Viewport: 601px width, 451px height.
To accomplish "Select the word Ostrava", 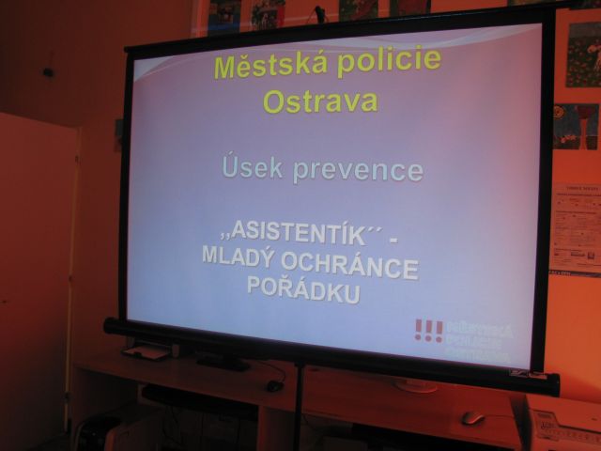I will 320,101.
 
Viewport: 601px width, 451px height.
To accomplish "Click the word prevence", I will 357,170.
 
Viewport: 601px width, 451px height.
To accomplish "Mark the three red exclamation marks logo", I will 428,331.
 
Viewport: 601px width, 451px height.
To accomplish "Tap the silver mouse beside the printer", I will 472,417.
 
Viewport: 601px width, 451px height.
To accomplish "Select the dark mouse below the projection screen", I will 274,385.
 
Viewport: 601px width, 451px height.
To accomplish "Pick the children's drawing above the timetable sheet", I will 576,126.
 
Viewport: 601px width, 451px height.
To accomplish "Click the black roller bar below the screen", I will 329,353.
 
